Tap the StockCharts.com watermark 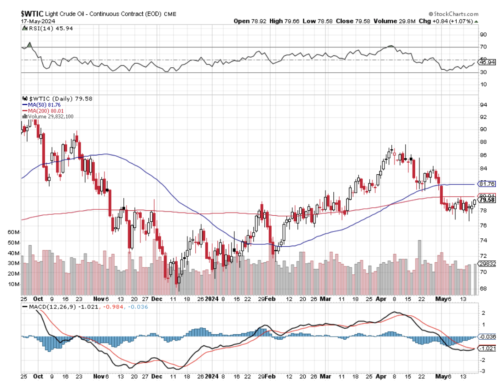453,14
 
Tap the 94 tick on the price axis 484,105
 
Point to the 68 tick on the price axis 484,288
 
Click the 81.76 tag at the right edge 487,183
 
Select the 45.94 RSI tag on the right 487,62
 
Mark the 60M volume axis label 14,232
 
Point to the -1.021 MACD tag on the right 488,348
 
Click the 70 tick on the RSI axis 484,47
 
